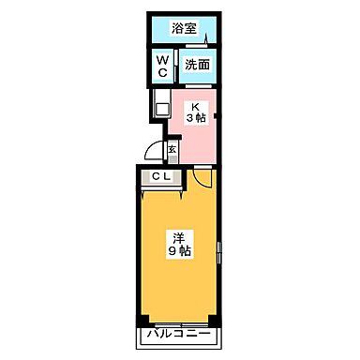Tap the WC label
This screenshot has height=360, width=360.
click(x=161, y=66)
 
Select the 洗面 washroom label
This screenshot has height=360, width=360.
click(x=195, y=66)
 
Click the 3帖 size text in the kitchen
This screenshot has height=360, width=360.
click(x=196, y=118)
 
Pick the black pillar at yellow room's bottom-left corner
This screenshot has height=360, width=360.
click(x=142, y=317)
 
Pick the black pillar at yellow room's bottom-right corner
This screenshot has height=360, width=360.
click(x=216, y=317)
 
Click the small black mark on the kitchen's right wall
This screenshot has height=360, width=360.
click(x=217, y=116)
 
